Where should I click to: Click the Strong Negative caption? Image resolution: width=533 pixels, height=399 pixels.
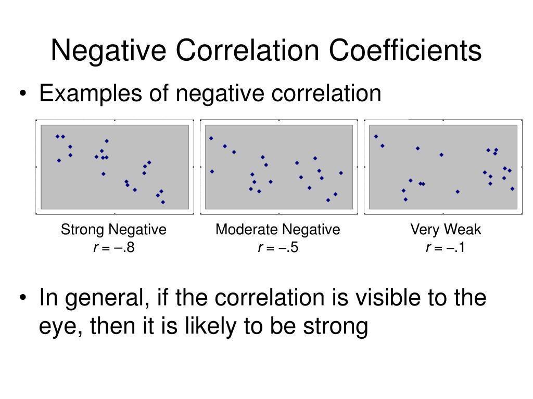coord(114,230)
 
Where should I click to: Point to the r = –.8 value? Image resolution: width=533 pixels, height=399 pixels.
coord(114,248)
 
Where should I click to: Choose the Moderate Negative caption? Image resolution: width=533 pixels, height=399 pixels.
coord(278,230)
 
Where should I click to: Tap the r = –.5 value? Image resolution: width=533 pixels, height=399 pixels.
coord(278,248)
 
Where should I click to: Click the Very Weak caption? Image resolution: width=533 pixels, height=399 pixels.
coord(446,230)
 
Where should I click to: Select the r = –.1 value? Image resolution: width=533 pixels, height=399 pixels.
coord(446,248)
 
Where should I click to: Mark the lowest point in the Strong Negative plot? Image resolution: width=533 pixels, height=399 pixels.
coord(163,202)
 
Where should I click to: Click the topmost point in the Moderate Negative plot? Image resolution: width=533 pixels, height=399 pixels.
coord(211,138)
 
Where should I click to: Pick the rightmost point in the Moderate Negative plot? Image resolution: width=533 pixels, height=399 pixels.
coord(341,173)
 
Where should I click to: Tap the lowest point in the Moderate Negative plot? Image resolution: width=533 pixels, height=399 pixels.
coord(328,200)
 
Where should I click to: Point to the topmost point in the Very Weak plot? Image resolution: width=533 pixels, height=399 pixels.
coord(376,137)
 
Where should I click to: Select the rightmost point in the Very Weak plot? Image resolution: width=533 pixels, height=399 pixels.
coord(512,189)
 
